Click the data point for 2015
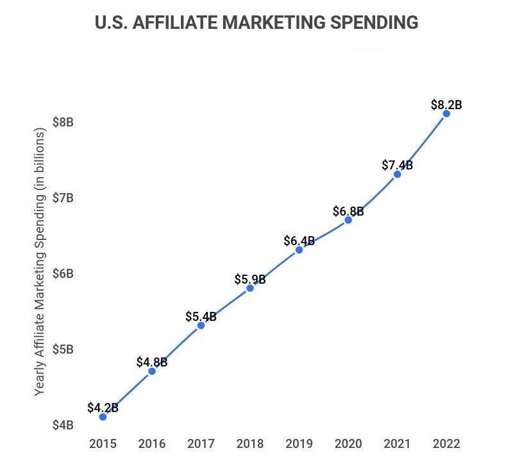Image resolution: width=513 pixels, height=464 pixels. (103, 417)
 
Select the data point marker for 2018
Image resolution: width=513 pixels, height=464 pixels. (250, 288)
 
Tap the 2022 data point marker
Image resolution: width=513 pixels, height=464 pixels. (446, 114)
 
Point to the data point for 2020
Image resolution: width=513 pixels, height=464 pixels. (348, 219)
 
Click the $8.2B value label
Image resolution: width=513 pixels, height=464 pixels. (447, 103)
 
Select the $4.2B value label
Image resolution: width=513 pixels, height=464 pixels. (103, 407)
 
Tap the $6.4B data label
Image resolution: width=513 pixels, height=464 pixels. (299, 241)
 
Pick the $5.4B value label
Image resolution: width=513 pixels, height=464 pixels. (201, 316)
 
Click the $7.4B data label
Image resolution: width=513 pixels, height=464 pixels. (397, 165)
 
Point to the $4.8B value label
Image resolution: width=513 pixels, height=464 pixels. (152, 361)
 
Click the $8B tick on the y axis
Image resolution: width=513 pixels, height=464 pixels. (63, 122)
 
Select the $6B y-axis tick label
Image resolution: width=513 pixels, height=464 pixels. (63, 273)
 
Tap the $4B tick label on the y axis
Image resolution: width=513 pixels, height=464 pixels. (63, 425)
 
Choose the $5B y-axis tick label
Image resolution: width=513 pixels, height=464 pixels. (63, 349)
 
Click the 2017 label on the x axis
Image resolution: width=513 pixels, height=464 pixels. (201, 443)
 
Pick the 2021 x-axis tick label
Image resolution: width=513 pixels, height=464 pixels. (397, 443)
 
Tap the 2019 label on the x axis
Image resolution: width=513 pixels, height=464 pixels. (299, 443)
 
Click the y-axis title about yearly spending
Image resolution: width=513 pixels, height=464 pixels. (40, 261)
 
